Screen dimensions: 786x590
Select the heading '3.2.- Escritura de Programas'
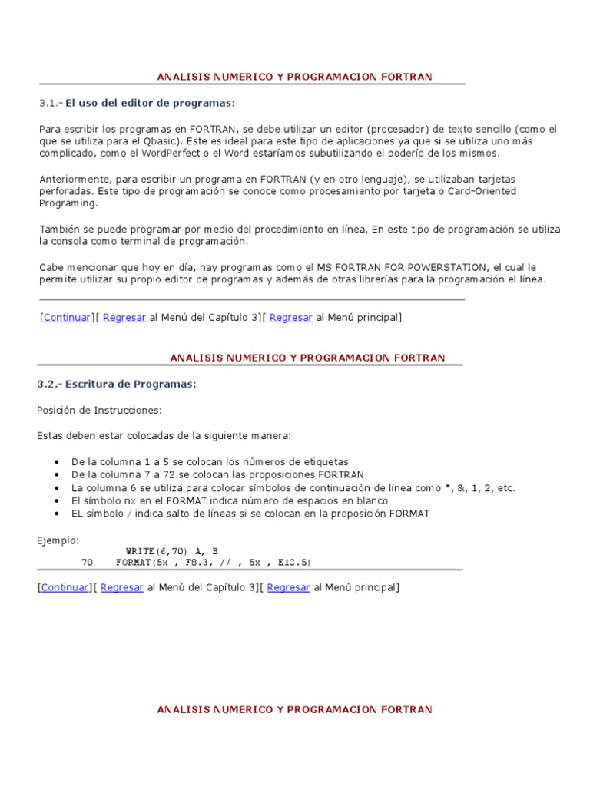(116, 384)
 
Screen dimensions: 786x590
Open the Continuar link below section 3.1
(67, 317)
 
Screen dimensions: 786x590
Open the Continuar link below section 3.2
(65, 587)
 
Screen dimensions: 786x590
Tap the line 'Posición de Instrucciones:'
(99, 411)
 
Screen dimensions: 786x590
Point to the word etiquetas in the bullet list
(325, 461)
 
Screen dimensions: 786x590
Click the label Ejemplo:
(58, 540)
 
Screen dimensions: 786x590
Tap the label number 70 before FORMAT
(87, 563)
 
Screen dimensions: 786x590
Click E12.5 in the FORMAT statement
(295, 563)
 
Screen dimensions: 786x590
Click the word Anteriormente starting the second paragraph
(73, 178)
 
